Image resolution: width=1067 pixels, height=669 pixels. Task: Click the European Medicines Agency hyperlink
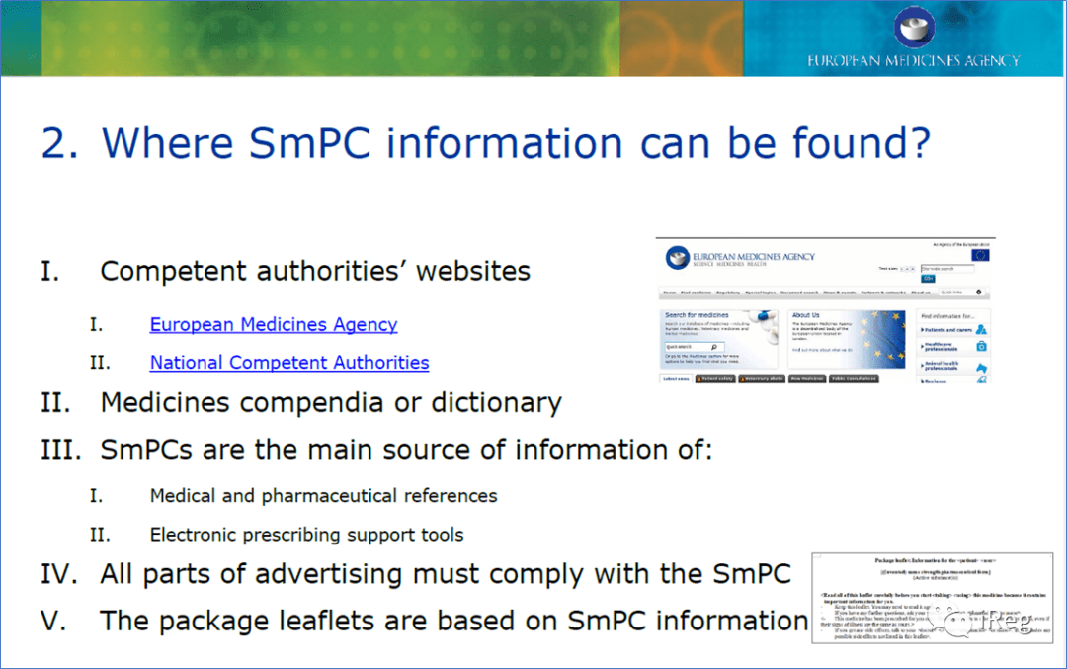[274, 324]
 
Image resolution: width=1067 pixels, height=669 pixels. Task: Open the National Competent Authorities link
[289, 363]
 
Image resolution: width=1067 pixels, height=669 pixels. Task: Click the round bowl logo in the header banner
[914, 27]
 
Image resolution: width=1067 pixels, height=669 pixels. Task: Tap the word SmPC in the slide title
[309, 144]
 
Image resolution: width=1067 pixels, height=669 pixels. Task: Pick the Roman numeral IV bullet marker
[60, 574]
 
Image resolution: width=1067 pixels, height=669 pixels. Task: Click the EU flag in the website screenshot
[980, 255]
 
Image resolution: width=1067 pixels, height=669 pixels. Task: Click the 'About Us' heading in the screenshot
[805, 316]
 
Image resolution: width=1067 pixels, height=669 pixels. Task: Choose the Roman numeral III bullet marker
[60, 450]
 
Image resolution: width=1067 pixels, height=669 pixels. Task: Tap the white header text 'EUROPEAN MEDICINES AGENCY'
[914, 61]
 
